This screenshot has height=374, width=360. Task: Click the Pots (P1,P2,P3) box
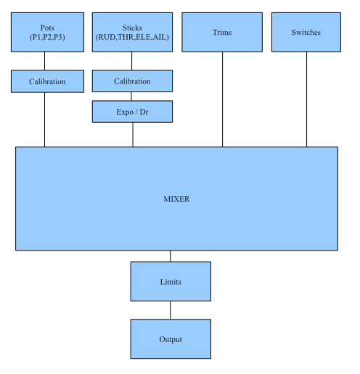coord(47,32)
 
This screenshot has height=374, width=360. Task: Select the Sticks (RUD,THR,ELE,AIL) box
coord(132,32)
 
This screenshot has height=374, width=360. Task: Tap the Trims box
coord(222,32)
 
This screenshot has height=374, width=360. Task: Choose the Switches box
coord(306,32)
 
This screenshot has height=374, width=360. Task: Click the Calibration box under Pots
coord(47,81)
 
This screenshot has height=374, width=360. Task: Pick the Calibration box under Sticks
coord(132,81)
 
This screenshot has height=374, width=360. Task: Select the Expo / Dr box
coord(132,112)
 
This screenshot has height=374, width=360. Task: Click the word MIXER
coord(176,199)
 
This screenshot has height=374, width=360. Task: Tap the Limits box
coord(171,281)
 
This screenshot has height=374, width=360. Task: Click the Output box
coord(171,338)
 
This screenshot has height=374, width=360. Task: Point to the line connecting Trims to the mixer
coord(223,99)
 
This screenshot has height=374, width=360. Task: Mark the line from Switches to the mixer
coord(307,99)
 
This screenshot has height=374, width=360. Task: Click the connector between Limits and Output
coord(171,310)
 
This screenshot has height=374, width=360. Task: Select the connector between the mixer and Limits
coord(171,256)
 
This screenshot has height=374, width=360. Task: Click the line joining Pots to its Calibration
coord(44,61)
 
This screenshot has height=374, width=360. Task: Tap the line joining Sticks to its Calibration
coord(132,61)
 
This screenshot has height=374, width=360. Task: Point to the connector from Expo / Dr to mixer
coord(133,134)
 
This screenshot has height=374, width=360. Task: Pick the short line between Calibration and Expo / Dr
coord(131,97)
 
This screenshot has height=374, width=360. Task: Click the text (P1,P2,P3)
coord(47,37)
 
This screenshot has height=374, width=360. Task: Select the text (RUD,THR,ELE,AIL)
coord(132,37)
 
